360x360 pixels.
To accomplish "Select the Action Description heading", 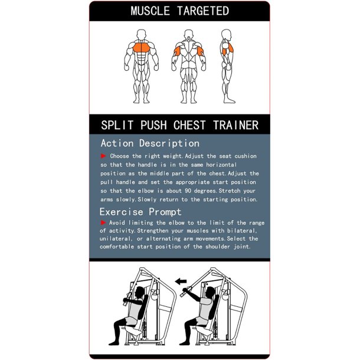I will (x=150, y=143).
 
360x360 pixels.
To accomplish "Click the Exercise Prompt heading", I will (x=140, y=211).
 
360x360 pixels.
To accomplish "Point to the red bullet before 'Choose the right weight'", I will (x=103, y=156).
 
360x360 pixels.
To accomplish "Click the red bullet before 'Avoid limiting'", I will (x=103, y=222).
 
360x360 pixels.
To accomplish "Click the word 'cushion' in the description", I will (x=245, y=156).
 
